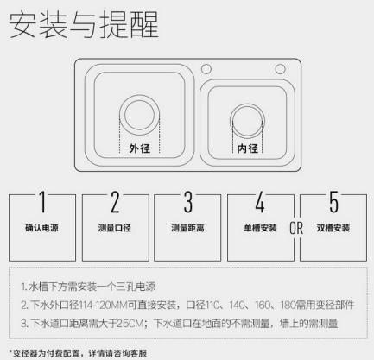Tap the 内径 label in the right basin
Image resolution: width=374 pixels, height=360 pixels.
(247, 148)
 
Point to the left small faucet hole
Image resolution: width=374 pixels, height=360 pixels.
(206, 69)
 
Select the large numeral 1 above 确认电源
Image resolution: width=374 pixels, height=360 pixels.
(41, 204)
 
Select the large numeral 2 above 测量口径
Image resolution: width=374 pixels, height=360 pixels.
(114, 204)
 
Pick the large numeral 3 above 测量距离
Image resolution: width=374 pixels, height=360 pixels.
(187, 204)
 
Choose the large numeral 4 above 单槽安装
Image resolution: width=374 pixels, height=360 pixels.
(259, 204)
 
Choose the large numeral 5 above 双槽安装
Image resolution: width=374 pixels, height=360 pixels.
(334, 204)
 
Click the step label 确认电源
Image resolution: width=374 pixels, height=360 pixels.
(41, 229)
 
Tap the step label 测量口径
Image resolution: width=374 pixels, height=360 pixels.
(114, 229)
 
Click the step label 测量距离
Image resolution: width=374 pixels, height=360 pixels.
(187, 229)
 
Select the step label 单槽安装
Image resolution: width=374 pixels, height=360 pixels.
(259, 229)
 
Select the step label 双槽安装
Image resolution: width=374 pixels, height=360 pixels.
(334, 229)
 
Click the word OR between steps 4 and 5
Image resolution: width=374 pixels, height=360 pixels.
(296, 229)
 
